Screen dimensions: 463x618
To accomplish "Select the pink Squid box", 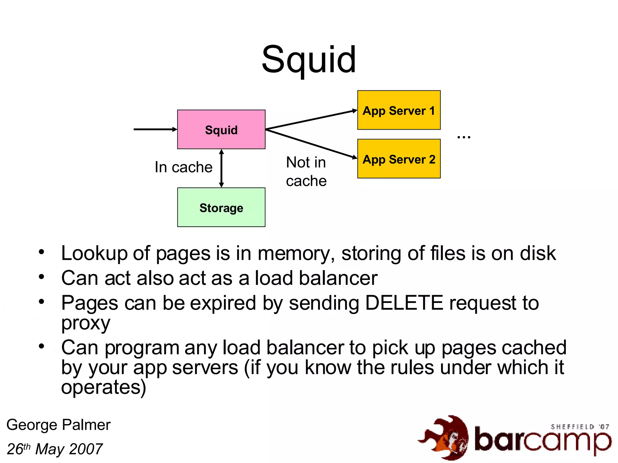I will [x=221, y=130].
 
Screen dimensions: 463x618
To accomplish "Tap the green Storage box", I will [x=221, y=208].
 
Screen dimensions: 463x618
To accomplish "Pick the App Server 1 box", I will [x=399, y=110].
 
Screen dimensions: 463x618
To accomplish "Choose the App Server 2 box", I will [x=399, y=159].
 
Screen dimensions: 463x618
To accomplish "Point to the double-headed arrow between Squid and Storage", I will [x=221, y=168].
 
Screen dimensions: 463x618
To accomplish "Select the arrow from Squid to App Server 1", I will [x=311, y=120].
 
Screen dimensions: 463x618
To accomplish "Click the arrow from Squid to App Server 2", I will [x=311, y=143].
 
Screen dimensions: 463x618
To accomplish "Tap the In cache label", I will [x=183, y=167].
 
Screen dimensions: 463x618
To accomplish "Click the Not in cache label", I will [x=306, y=172].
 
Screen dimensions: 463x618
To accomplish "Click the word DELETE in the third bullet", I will [x=404, y=303].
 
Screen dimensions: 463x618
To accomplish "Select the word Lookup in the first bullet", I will [x=94, y=253].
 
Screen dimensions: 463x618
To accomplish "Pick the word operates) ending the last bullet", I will [x=104, y=387].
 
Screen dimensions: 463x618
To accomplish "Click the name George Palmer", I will [x=59, y=425].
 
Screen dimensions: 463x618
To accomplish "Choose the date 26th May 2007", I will [x=55, y=449].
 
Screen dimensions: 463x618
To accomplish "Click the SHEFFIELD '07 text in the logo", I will [x=579, y=427].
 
